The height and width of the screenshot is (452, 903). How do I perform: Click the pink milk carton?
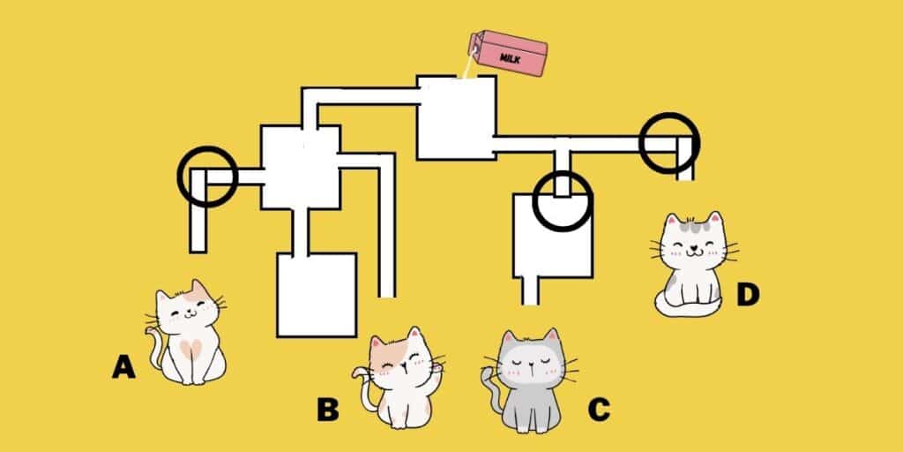pyautogui.click(x=507, y=52)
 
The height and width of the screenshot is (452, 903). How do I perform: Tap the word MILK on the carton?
pyautogui.click(x=511, y=58)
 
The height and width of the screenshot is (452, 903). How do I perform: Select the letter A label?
pyautogui.click(x=123, y=366)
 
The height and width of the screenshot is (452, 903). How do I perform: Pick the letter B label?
pyautogui.click(x=328, y=410)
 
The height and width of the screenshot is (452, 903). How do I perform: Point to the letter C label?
pyautogui.click(x=599, y=410)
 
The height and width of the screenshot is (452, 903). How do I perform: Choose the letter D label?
pyautogui.click(x=748, y=295)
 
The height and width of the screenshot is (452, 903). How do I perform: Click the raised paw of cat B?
pyautogui.click(x=437, y=367)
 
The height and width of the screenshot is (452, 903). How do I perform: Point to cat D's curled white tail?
pyautogui.click(x=685, y=305)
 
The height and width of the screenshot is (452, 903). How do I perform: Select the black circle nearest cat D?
pyautogui.click(x=669, y=142)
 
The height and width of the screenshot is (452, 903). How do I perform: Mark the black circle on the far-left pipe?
pyautogui.click(x=207, y=177)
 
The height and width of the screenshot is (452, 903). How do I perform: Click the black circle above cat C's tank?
pyautogui.click(x=562, y=201)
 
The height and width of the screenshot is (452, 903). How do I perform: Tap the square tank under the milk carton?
pyautogui.click(x=456, y=117)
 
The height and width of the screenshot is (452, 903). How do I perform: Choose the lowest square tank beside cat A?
pyautogui.click(x=317, y=295)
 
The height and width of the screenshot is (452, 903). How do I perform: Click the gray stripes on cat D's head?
pyautogui.click(x=693, y=225)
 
